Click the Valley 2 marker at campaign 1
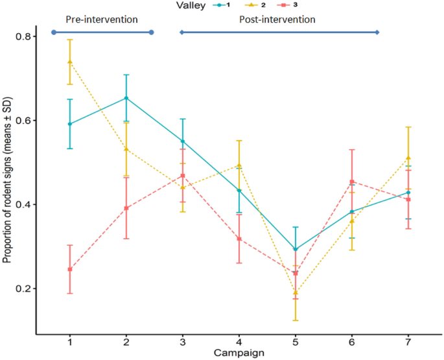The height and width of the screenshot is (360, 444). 69,62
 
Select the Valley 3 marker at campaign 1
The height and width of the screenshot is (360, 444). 69,269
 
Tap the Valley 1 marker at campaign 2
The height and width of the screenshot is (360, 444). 126,98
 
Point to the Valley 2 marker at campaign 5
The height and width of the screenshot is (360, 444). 296,293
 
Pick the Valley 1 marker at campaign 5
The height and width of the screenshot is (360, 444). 296,249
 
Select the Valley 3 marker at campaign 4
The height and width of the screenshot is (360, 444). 239,239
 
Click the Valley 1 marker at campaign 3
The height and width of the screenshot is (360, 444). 183,141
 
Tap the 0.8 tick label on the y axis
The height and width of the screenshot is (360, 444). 24,36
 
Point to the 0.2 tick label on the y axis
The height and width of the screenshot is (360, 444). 24,289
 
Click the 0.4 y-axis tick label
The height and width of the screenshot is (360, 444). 24,204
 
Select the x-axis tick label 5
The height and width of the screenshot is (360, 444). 296,341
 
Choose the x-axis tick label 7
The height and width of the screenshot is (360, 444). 408,341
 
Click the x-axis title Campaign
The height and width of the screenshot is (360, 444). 239,352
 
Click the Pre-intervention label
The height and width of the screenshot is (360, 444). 102,19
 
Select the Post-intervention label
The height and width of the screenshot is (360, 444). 277,19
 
